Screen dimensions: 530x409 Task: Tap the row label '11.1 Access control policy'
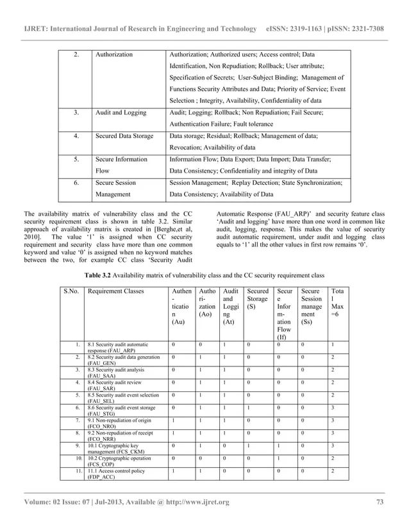116,472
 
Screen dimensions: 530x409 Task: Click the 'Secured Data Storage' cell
124,135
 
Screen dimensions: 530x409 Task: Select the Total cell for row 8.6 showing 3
331,409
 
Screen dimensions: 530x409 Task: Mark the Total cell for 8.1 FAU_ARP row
331,345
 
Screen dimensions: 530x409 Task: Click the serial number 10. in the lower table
75,460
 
